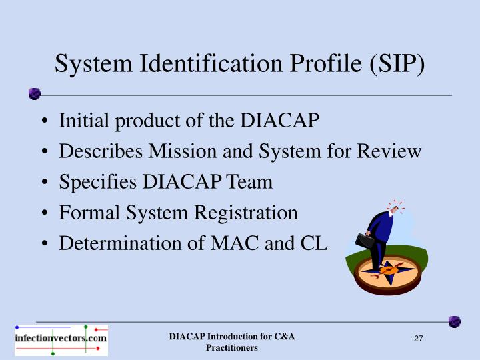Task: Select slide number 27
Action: pos(419,340)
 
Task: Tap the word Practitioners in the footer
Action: pos(231,348)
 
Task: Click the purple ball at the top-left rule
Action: pos(35,94)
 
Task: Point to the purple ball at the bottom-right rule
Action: pos(454,321)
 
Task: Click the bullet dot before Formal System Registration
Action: pos(43,213)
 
